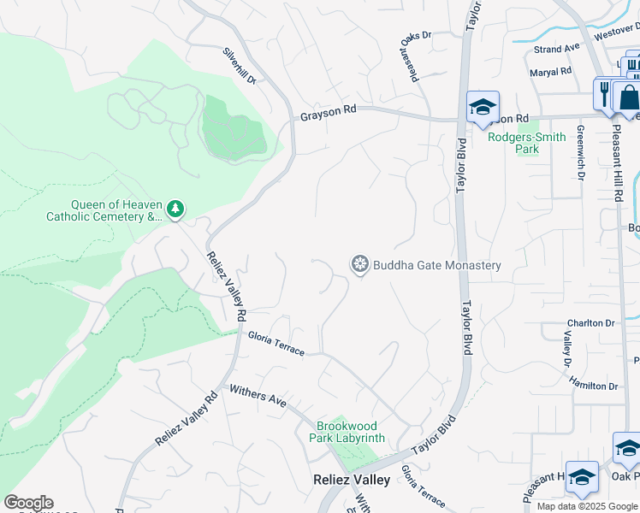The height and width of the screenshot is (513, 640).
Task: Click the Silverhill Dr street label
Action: coord(240,65)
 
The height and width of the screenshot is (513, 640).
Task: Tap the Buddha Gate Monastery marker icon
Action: coord(360,265)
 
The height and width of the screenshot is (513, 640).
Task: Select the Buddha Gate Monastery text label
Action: coord(436,265)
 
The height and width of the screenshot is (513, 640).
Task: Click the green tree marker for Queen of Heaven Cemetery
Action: coord(175,208)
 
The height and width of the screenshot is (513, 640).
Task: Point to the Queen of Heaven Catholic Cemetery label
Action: coord(104,210)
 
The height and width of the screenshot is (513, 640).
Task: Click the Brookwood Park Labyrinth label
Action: coord(351,432)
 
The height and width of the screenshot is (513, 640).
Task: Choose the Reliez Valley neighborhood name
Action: coord(352,480)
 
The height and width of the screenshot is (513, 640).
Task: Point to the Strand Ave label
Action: coord(557,50)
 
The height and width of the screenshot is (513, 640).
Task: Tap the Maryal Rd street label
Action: coord(550,73)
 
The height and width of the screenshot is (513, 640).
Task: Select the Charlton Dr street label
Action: coord(590,324)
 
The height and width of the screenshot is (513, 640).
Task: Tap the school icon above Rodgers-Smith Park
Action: coord(483,107)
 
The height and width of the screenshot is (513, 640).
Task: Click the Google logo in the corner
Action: coord(28,503)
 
